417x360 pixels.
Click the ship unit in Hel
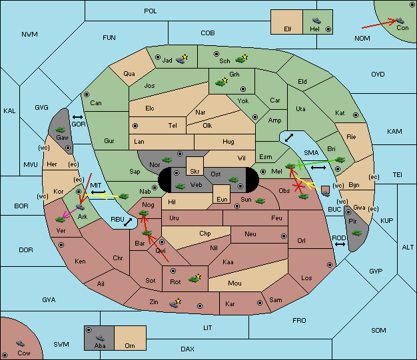coord(316,21)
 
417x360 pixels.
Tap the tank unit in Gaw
coord(61,130)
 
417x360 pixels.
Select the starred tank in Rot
coord(195,278)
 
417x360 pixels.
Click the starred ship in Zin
coord(175,303)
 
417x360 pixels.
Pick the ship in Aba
coord(100,338)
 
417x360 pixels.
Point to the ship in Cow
coord(20,343)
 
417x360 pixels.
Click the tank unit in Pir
coord(356,233)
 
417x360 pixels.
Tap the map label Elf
coord(288,29)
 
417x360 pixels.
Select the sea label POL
coord(151,11)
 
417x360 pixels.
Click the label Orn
coord(130,345)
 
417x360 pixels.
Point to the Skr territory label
coord(195,172)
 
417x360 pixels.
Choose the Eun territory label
coord(222,200)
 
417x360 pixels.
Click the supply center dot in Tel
coord(135,125)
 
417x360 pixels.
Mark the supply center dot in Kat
coord(356,115)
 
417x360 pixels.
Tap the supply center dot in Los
coord(330,265)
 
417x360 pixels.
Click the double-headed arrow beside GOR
coord(78,117)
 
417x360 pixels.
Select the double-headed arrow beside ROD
coord(340,244)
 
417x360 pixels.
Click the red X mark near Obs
coord(298,186)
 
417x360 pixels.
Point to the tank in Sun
coord(260,200)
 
